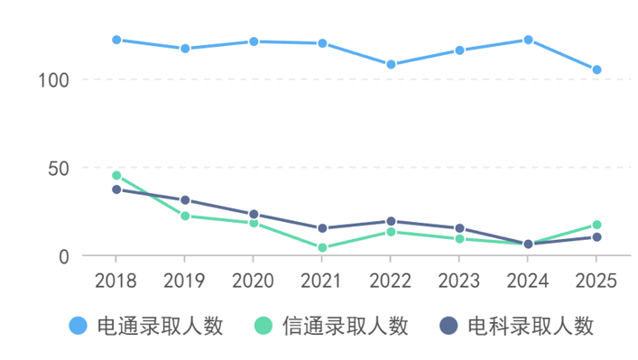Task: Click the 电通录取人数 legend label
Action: [x=160, y=326]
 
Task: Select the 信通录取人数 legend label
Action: [x=345, y=326]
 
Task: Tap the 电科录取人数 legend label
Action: [x=531, y=326]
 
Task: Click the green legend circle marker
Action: [x=264, y=326]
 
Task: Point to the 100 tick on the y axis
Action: [x=53, y=79]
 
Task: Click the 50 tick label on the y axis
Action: [x=58, y=168]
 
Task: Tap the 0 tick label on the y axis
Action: [x=63, y=256]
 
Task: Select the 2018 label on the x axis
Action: [x=116, y=280]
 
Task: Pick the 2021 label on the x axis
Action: [x=322, y=280]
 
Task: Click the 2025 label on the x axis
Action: [x=596, y=280]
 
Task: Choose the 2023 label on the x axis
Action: [x=459, y=280]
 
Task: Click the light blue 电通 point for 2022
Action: [x=391, y=65]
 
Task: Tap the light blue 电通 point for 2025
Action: [x=596, y=69]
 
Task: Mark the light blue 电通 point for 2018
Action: [x=116, y=40]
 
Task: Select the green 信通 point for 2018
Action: [x=116, y=176]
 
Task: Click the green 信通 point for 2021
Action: [x=322, y=248]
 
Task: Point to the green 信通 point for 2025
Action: [x=596, y=226]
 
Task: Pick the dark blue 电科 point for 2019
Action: [x=185, y=200]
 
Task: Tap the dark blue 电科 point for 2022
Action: [x=391, y=221]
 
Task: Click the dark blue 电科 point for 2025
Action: [x=596, y=237]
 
